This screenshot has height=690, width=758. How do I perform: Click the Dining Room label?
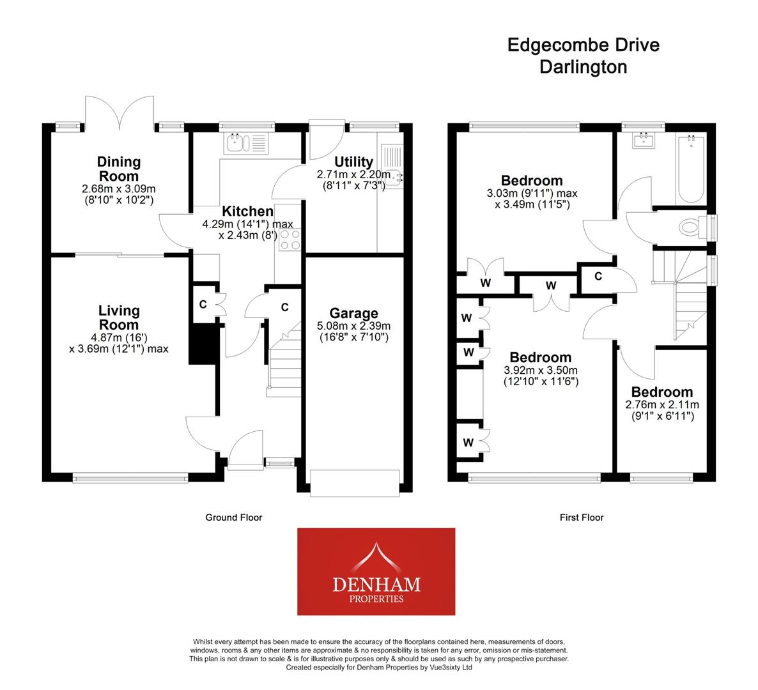pyautogui.click(x=119, y=169)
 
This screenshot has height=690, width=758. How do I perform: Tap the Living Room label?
pyautogui.click(x=119, y=318)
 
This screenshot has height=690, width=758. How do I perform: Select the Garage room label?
pyautogui.click(x=353, y=313)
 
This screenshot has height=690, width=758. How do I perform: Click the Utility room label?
pyautogui.click(x=353, y=161)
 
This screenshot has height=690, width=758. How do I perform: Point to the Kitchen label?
pyautogui.click(x=247, y=211)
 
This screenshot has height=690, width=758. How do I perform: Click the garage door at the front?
pyautogui.click(x=355, y=482)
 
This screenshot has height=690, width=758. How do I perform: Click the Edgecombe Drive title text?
pyautogui.click(x=583, y=45)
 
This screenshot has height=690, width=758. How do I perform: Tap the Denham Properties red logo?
pyautogui.click(x=376, y=571)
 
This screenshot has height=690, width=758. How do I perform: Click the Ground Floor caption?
pyautogui.click(x=233, y=517)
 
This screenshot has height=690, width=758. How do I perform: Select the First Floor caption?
pyautogui.click(x=581, y=517)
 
